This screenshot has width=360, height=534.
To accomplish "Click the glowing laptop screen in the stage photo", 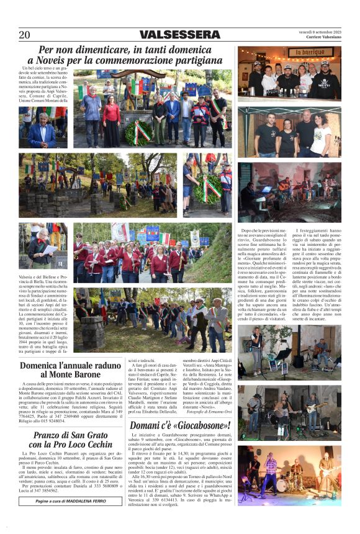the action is point(268,189).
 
